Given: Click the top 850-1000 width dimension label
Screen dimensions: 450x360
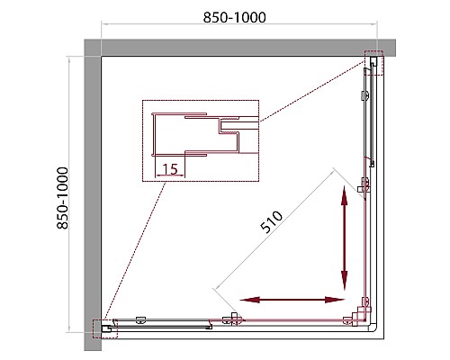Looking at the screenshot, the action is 234,17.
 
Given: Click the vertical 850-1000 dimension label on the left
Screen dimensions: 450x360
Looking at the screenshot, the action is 63,198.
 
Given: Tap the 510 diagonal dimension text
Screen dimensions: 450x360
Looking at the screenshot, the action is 272,222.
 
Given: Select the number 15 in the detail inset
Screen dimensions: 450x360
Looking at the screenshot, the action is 170,169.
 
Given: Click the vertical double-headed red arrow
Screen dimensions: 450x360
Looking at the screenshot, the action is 344,238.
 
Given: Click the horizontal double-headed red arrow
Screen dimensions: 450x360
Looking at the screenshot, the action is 292,300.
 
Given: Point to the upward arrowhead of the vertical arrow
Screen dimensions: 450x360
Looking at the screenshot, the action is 344,195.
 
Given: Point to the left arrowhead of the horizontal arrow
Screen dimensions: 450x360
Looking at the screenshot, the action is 249,300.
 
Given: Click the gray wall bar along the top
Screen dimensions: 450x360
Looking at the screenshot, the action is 239,48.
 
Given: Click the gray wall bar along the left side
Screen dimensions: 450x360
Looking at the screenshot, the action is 93,195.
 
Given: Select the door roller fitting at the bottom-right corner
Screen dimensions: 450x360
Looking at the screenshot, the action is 357,314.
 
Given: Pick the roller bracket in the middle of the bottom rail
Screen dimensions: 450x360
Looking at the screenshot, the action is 232,319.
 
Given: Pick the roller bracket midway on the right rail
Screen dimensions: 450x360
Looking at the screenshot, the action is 364,185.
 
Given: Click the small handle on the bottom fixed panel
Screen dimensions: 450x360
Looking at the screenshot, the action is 140,320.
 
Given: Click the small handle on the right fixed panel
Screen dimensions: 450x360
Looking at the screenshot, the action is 365,95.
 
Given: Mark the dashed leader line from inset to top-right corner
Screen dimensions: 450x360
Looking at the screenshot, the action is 312,91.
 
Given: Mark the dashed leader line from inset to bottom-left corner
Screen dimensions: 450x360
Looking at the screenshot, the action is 135,251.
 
